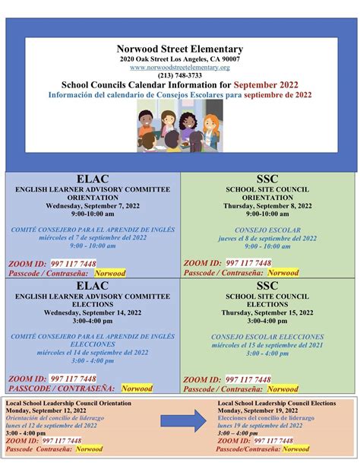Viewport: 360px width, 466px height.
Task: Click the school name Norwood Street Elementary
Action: pos(179,49)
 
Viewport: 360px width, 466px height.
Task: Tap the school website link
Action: pos(179,67)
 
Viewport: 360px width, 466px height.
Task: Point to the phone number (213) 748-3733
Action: pos(179,75)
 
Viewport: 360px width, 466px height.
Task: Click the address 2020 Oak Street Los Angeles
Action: pos(179,59)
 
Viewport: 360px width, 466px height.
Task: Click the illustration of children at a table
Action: pos(179,124)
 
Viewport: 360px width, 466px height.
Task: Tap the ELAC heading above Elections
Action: pos(92,285)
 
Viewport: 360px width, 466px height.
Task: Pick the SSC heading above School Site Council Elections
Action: pos(269,285)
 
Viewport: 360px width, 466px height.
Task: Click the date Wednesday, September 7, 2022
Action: pos(92,205)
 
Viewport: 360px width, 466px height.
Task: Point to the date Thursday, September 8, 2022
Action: pos(269,205)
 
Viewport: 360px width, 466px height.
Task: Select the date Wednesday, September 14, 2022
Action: pos(92,312)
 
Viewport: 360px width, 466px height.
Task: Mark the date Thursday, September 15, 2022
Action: pos(269,312)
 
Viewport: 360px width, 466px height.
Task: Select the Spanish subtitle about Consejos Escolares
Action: pos(179,94)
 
